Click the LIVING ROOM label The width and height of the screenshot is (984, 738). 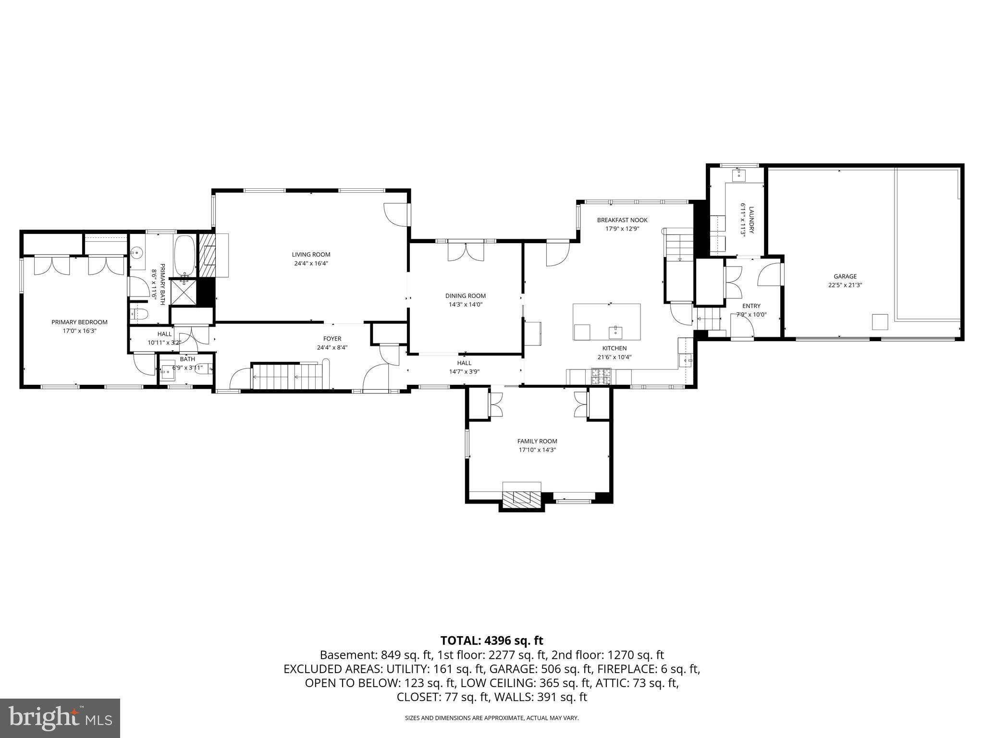click(x=311, y=255)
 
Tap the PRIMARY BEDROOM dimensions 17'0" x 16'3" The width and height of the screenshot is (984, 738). click(x=79, y=331)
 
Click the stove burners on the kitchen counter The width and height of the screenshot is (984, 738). click(x=601, y=376)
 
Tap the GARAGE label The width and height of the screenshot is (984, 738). click(x=845, y=276)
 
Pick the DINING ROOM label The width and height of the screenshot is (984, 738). click(x=465, y=296)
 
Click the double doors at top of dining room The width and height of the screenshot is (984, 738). click(x=465, y=251)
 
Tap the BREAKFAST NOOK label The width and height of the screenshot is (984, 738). click(x=622, y=220)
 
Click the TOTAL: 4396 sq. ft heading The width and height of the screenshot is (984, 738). click(x=492, y=640)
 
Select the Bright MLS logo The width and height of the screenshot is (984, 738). click(x=60, y=717)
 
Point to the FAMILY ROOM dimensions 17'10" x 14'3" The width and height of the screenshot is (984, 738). click(x=537, y=450)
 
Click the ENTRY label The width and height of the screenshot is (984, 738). click(x=751, y=306)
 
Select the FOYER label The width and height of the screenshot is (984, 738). click(x=332, y=339)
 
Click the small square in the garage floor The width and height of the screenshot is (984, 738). click(x=880, y=321)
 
